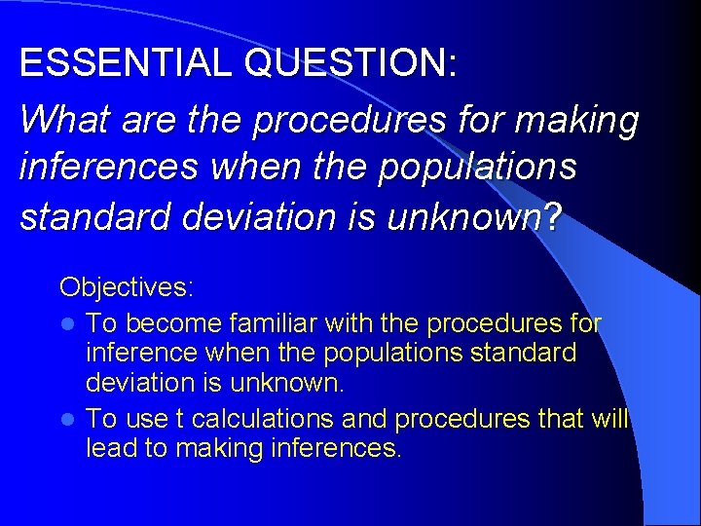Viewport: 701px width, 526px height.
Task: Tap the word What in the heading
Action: click(x=60, y=120)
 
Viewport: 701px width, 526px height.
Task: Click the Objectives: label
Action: click(x=128, y=287)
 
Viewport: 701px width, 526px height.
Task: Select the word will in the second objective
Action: click(x=609, y=419)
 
